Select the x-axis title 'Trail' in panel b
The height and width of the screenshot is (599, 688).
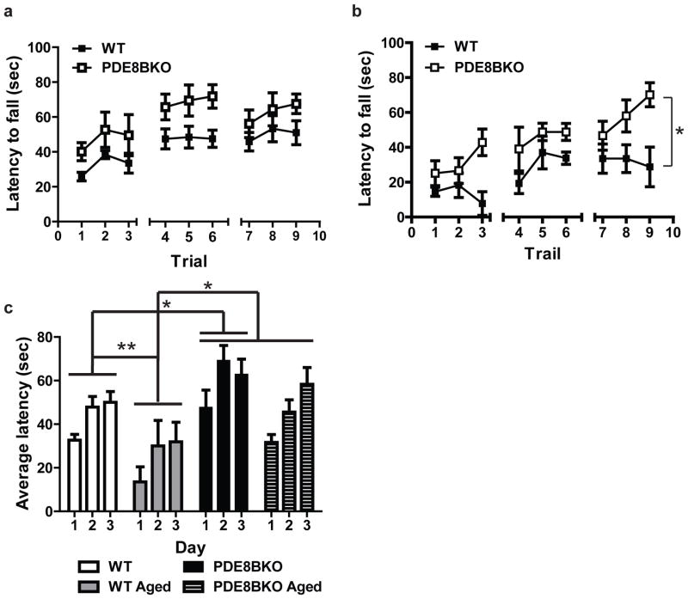click(541, 255)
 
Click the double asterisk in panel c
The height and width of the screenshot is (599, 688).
click(125, 347)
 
